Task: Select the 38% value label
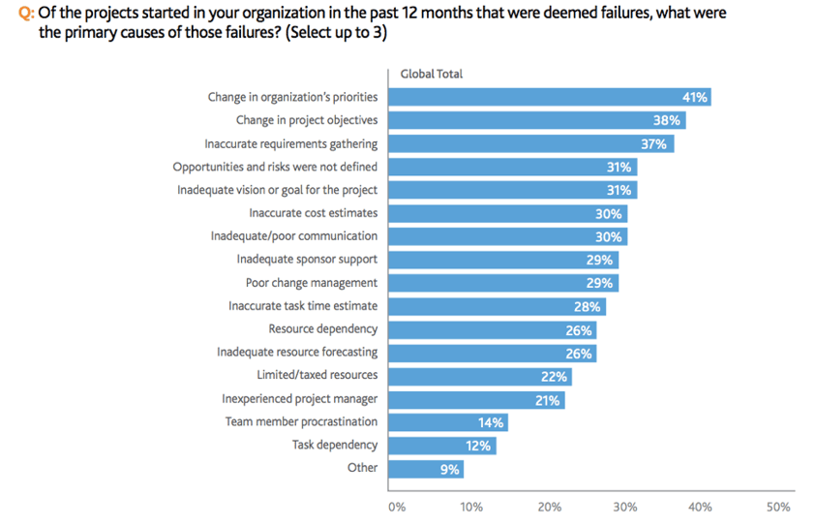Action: pyautogui.click(x=667, y=121)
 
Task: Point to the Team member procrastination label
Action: pyautogui.click(x=301, y=422)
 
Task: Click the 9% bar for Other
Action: pyautogui.click(x=426, y=469)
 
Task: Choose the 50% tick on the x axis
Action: pyautogui.click(x=778, y=507)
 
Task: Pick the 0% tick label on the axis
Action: pyautogui.click(x=396, y=507)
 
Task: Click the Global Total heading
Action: pyautogui.click(x=431, y=74)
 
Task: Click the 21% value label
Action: pyautogui.click(x=547, y=399)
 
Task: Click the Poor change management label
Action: pyautogui.click(x=311, y=283)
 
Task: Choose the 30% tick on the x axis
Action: pyautogui.click(x=624, y=507)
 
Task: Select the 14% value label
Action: pyautogui.click(x=490, y=422)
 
